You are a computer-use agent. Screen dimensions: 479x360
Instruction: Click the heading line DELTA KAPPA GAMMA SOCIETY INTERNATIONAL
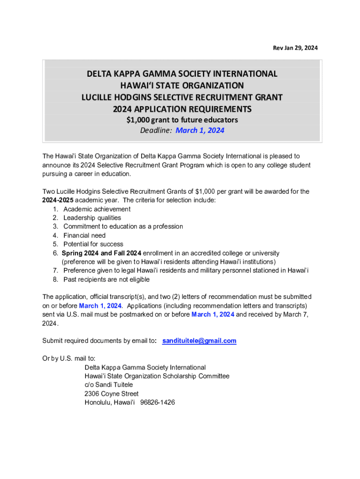point(182,74)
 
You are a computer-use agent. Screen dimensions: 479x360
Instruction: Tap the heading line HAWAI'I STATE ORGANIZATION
point(182,86)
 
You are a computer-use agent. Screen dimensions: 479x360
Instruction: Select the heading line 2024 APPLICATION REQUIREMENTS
point(182,109)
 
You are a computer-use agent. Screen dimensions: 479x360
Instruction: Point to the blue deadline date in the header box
point(200,131)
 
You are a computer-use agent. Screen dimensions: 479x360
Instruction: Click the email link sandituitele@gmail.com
point(199,341)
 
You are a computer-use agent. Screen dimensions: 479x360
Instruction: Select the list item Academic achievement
point(97,209)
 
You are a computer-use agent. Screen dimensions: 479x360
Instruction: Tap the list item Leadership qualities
point(92,218)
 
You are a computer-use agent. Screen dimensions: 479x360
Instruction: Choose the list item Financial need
point(85,235)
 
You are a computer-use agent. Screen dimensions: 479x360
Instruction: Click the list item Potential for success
point(94,244)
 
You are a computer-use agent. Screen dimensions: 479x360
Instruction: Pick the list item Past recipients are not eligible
point(107,280)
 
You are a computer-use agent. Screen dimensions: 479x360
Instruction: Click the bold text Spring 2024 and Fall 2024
point(101,253)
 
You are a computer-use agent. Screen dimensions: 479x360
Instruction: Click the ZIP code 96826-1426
point(157,402)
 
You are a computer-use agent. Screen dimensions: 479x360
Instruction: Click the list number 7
point(55,271)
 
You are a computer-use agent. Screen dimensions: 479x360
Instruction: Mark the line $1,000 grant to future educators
point(182,120)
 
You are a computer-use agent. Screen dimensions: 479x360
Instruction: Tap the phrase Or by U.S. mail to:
point(69,359)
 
